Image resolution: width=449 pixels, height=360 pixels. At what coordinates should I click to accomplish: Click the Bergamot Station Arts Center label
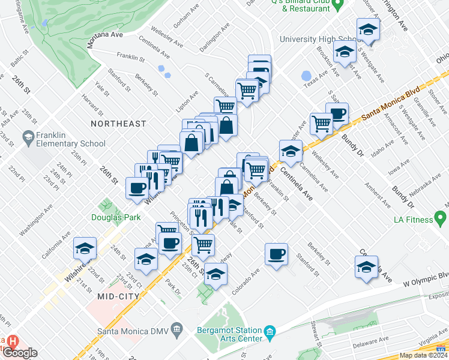229,335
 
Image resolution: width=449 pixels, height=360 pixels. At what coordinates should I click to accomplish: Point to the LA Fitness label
414,220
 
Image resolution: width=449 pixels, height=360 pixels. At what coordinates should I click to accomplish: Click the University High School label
322,40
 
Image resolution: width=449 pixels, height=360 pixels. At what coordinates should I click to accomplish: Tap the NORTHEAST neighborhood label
118,124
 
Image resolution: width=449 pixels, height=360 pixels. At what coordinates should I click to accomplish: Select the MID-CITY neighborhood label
119,296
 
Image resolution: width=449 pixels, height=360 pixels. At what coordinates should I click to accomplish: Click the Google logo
20,353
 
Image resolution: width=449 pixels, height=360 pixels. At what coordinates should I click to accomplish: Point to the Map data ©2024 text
424,355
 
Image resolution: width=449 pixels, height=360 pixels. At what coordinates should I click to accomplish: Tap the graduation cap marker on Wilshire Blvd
85,247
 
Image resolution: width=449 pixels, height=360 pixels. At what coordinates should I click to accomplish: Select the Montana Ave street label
105,35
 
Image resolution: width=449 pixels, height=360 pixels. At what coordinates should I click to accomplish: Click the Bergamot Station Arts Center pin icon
270,331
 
